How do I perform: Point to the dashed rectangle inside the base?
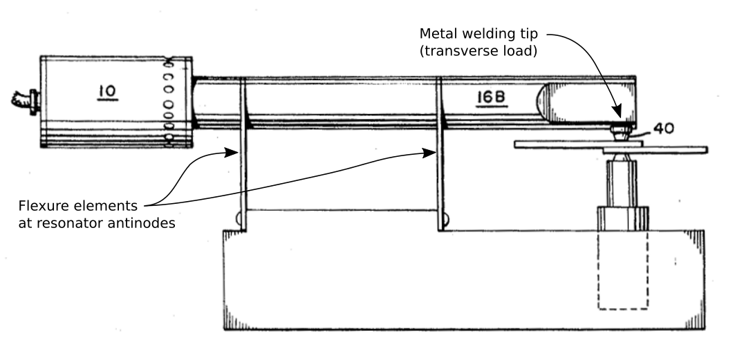623,269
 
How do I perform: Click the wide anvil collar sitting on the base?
623,218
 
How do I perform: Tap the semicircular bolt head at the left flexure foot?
238,221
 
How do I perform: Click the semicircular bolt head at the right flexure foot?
445,221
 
